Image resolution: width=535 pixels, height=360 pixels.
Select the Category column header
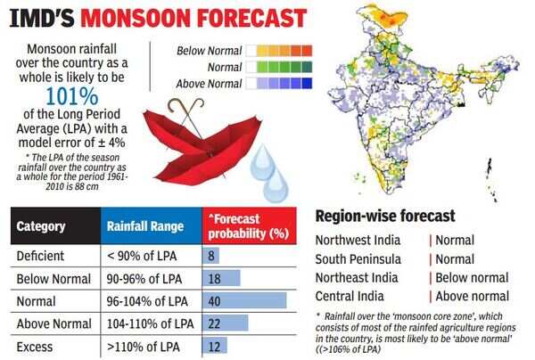pyautogui.click(x=42, y=226)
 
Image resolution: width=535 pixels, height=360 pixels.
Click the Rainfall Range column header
pyautogui.click(x=144, y=226)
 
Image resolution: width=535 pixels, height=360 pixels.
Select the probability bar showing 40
pyautogui.click(x=250, y=300)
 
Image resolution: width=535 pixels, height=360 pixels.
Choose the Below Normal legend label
pyautogui.click(x=210, y=51)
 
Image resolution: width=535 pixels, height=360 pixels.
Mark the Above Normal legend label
pyautogui.click(x=210, y=84)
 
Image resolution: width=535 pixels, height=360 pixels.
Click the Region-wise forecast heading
pyautogui.click(x=385, y=217)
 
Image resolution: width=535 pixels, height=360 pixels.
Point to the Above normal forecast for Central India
pyautogui.click(x=473, y=296)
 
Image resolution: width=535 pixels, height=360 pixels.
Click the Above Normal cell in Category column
pyautogui.click(x=53, y=323)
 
